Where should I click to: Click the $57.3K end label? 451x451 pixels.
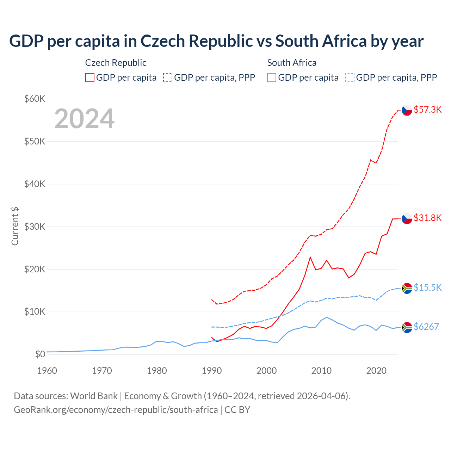[x=427, y=110]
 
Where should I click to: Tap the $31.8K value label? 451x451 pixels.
[x=427, y=218]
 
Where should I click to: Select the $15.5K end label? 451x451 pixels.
[x=427, y=288]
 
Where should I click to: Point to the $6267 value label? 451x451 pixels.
[x=426, y=327]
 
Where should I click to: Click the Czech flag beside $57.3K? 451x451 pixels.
[x=407, y=110]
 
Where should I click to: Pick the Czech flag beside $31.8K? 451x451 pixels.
[x=407, y=218]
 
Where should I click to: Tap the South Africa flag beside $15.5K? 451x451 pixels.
[x=407, y=288]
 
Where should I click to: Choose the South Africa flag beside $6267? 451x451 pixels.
[x=407, y=327]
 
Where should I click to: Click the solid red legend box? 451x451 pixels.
[x=90, y=78]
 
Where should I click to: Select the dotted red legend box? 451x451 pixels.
[x=168, y=78]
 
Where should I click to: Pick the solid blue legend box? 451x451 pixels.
[x=272, y=78]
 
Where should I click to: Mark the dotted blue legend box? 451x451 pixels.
[x=350, y=78]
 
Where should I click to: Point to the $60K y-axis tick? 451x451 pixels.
[x=35, y=99]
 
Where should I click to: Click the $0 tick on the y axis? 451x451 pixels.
[x=40, y=354]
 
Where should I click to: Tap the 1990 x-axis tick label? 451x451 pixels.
[x=212, y=371]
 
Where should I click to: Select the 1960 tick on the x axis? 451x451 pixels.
[x=47, y=371]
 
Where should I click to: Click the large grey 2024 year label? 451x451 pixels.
[x=84, y=119]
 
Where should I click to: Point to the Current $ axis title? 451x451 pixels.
[x=15, y=226]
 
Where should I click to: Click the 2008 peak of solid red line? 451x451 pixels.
[x=310, y=257]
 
